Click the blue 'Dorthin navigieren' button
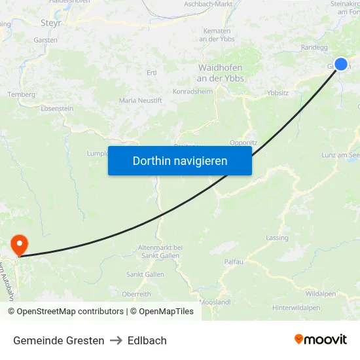coord(179,160)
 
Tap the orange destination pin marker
coord(20,245)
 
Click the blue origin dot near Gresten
coord(341,64)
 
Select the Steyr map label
coord(50,23)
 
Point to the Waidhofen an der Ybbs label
coord(220,73)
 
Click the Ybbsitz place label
coord(278,93)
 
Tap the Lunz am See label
coord(341,154)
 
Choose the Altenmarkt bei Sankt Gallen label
coord(160,251)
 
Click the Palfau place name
coord(234,262)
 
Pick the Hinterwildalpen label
coord(297,308)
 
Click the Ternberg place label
coord(20,94)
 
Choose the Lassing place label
coord(278,238)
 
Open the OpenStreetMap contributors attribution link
coord(70,312)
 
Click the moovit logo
coord(320,340)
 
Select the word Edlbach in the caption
coord(147,340)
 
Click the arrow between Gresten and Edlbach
coord(116,340)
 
